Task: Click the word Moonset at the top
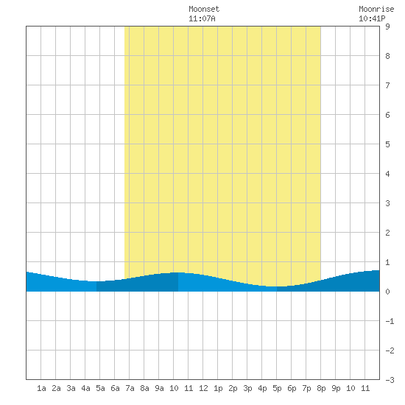(204, 9)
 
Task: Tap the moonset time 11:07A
(202, 18)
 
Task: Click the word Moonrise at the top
(376, 9)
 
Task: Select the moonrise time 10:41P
(372, 18)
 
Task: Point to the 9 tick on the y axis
(387, 27)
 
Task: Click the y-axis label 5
(387, 144)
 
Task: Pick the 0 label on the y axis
(387, 292)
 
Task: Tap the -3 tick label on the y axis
(390, 380)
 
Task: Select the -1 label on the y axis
(390, 321)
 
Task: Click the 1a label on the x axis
(41, 388)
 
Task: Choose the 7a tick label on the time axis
(130, 388)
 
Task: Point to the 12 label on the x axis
(203, 388)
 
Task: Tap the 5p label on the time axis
(277, 388)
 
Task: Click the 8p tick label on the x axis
(321, 388)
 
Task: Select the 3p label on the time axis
(247, 388)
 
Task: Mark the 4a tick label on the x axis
(85, 388)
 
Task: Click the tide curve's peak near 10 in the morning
(178, 272)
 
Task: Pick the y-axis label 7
(387, 85)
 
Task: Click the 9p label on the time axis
(336, 388)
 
